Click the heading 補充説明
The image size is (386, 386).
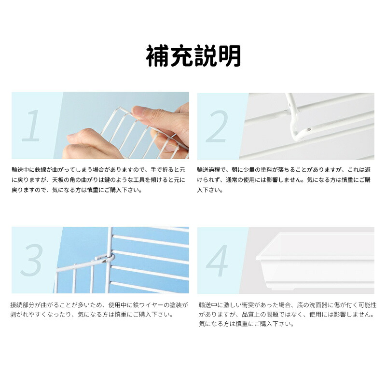pos(193,56)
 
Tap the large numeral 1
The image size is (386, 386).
pos(32,125)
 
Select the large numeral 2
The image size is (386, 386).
pos(217,126)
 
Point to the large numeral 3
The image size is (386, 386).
pos(32,260)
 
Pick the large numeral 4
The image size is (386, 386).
pos(217,261)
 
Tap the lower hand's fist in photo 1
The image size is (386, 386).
pos(89,145)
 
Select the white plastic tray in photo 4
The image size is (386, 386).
pos(316,262)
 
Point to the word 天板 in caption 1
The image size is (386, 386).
pos(58,179)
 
